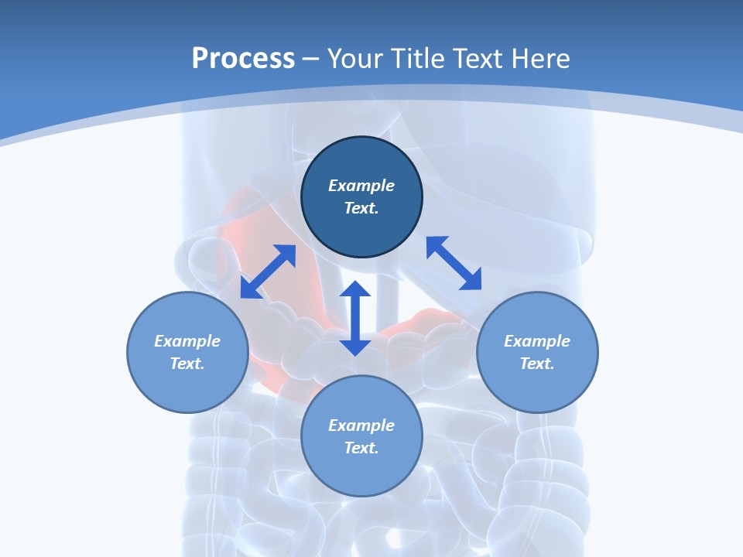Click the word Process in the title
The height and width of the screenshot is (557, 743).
click(243, 59)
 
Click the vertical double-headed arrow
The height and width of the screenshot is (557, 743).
click(355, 319)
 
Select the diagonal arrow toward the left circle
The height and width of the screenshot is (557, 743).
click(268, 272)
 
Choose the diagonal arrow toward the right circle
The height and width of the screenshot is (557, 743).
click(454, 263)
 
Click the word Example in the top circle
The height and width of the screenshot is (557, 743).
click(361, 186)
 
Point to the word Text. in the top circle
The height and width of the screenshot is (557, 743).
click(361, 208)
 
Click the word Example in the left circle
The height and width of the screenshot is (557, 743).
click(187, 341)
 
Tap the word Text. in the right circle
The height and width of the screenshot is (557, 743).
click(537, 364)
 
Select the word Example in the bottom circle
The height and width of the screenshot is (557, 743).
click(361, 425)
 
